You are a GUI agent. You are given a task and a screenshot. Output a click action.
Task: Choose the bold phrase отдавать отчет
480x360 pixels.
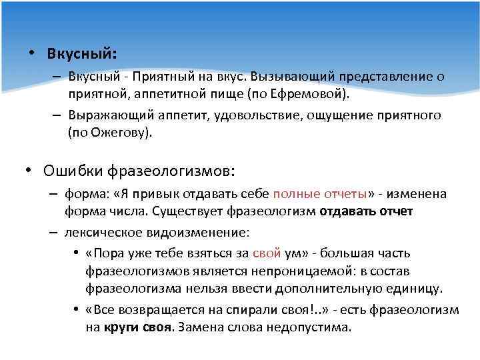367,211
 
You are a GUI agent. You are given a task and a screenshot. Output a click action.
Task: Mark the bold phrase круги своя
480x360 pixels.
137,328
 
